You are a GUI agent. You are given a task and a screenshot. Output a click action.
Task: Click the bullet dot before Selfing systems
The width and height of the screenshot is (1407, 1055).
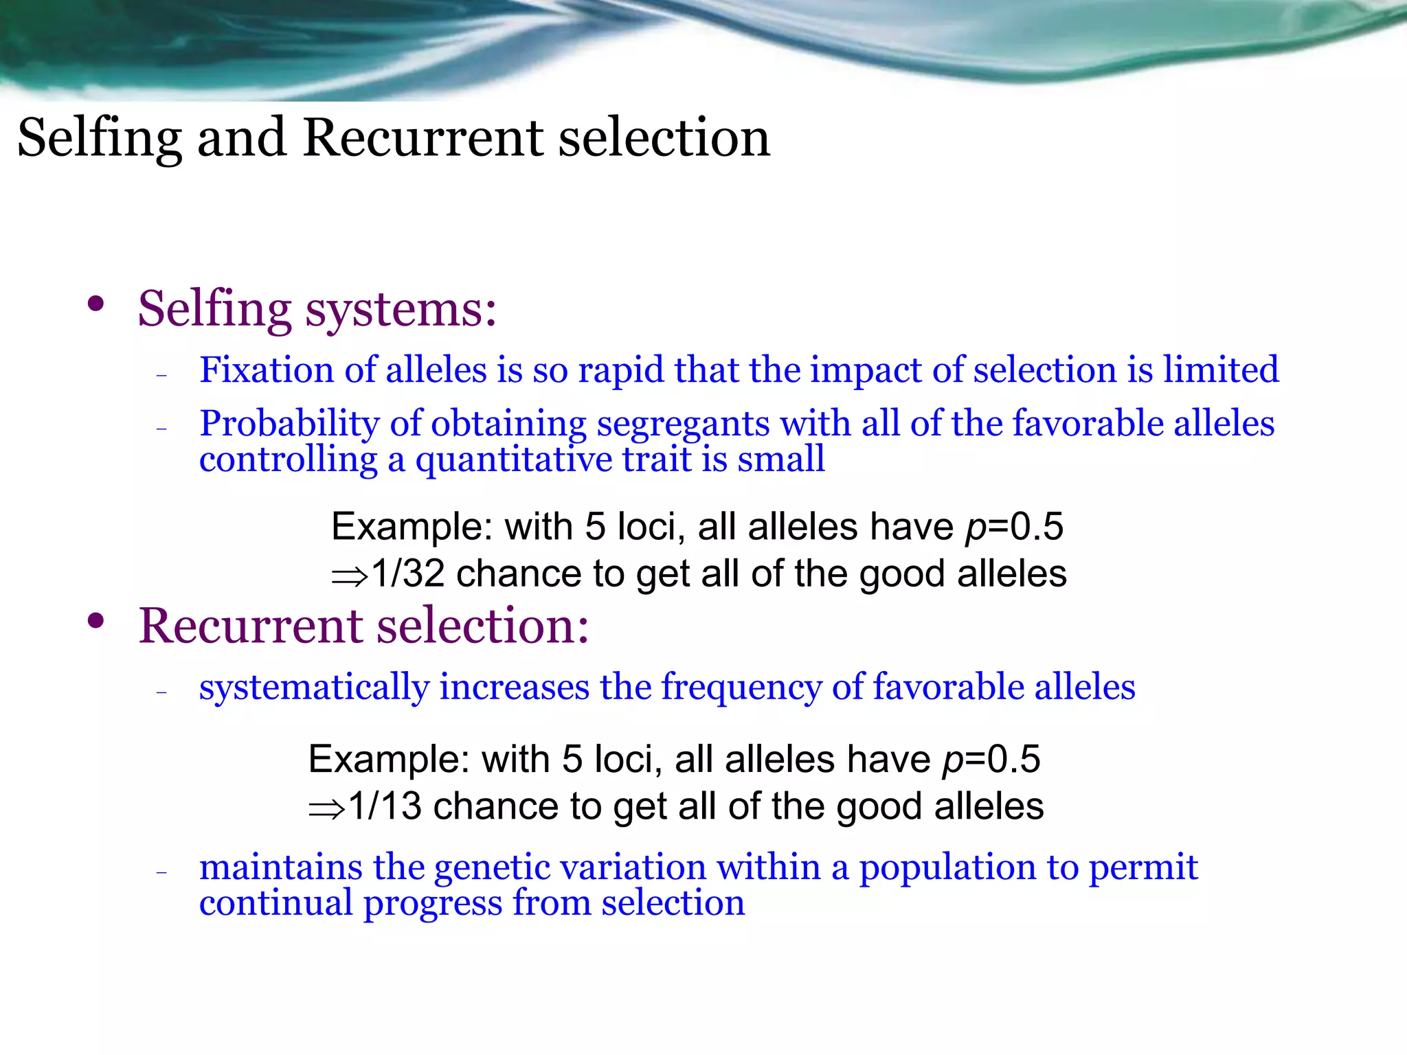tap(96, 304)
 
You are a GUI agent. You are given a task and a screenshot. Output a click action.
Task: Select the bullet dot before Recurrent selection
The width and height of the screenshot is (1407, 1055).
tap(96, 621)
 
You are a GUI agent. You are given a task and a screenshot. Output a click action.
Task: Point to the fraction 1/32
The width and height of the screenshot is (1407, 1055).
tap(408, 573)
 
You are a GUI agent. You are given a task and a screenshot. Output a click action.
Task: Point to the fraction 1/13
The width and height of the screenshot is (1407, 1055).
tap(385, 806)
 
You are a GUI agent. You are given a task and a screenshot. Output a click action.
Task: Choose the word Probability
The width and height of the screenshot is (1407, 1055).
tap(289, 424)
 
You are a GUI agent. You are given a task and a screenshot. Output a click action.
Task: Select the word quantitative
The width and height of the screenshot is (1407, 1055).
tap(513, 459)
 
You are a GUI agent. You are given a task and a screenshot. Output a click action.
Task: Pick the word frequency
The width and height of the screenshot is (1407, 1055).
tap(741, 687)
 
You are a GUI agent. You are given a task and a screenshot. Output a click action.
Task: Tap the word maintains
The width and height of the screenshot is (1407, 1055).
tap(280, 867)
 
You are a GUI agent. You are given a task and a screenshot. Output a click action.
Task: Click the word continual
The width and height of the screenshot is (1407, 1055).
tap(275, 903)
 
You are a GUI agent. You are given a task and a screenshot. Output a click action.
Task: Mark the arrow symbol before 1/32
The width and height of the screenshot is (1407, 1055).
tap(350, 576)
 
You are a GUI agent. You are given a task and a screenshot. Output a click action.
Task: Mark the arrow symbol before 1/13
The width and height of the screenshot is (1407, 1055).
tap(326, 809)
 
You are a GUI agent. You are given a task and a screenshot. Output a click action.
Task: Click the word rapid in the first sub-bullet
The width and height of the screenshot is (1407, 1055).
tap(621, 371)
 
